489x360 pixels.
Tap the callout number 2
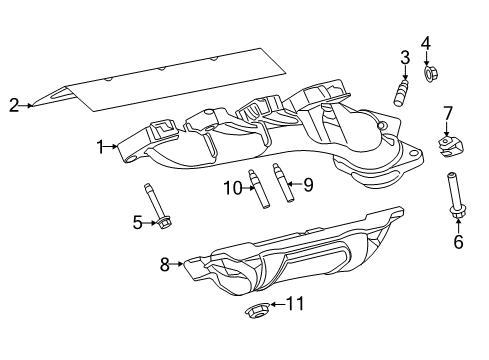pos(13,103)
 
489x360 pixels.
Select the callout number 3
pos(404,56)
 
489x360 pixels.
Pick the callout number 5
pos(138,222)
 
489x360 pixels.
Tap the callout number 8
pos(165,265)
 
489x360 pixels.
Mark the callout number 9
pos(308,184)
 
